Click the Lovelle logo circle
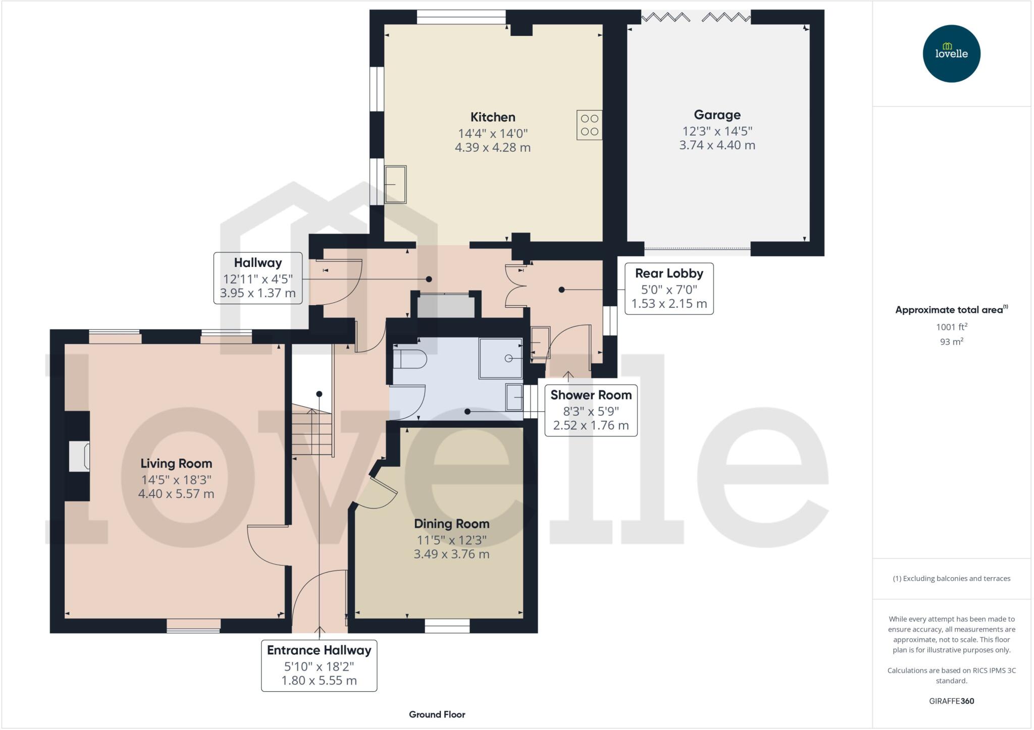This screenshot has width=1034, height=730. click(x=951, y=53)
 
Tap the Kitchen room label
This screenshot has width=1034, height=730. click(x=493, y=117)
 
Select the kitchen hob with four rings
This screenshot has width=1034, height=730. click(x=589, y=125)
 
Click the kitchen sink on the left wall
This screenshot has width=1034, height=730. click(x=395, y=185)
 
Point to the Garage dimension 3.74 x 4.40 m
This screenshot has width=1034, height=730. click(x=717, y=145)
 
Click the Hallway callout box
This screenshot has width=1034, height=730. click(x=258, y=278)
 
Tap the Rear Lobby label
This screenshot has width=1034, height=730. click(x=669, y=273)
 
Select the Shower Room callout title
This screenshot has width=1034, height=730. click(x=591, y=395)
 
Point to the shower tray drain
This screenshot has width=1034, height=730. click(x=508, y=358)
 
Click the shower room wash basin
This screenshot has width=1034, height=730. click(x=514, y=398)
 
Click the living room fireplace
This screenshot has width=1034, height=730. click(x=79, y=457)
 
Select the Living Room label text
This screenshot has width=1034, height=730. click(x=176, y=463)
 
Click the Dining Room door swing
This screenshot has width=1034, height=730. click(x=379, y=492)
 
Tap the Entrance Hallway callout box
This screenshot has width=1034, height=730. click(x=319, y=665)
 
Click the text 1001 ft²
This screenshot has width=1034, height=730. click(x=951, y=327)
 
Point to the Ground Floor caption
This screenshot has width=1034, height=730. click(x=437, y=714)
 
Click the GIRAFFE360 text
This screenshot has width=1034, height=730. click(x=951, y=701)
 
